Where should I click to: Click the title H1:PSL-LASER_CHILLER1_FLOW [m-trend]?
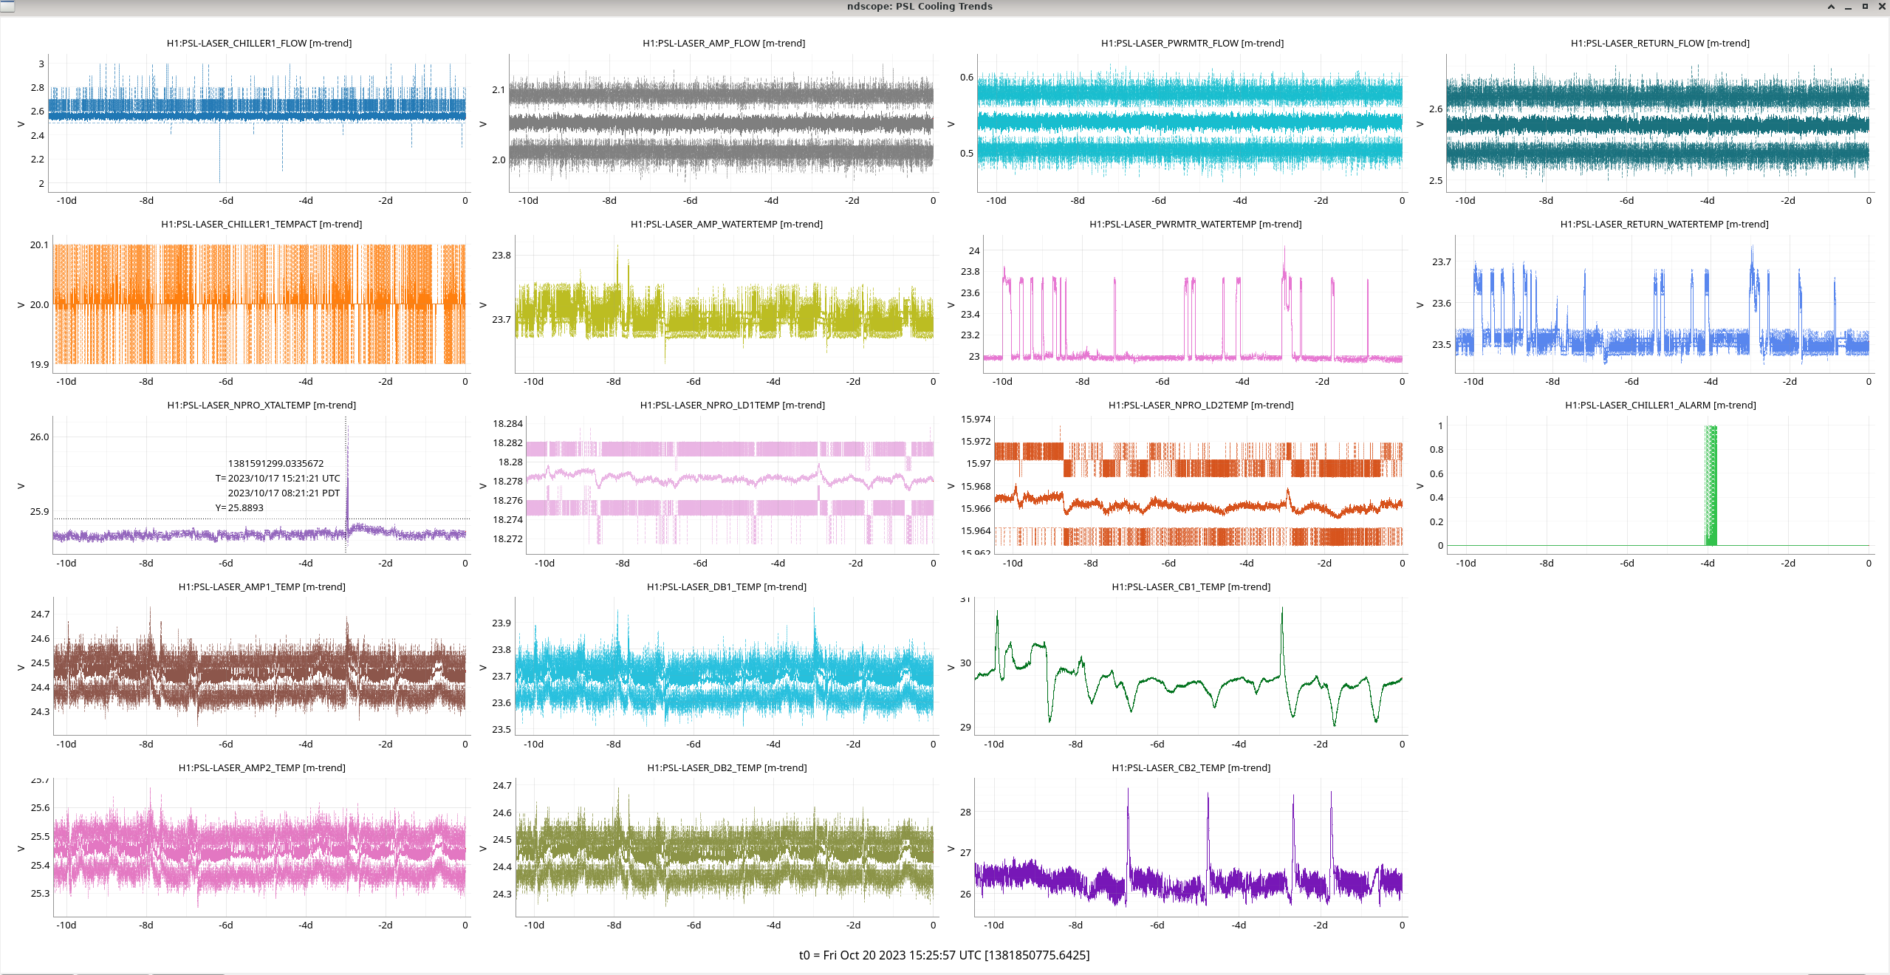258,44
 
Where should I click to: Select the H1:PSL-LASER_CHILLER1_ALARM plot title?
1660,406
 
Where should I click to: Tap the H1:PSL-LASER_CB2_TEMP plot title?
1191,768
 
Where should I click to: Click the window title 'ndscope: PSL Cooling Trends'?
919,7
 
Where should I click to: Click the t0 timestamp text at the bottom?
944,955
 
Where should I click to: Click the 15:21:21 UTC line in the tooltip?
278,479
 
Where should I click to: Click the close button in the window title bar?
1881,7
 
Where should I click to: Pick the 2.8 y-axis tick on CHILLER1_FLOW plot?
37,88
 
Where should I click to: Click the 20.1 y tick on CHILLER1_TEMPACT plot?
39,245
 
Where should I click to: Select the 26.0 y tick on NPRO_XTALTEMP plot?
39,437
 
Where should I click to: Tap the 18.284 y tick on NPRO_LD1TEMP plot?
507,424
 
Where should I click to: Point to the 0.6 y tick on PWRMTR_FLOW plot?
966,78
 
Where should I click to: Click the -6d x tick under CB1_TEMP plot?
1157,745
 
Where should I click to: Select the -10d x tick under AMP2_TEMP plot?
66,926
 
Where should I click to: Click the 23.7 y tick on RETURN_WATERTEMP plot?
1441,262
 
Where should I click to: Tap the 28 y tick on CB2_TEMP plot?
965,812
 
